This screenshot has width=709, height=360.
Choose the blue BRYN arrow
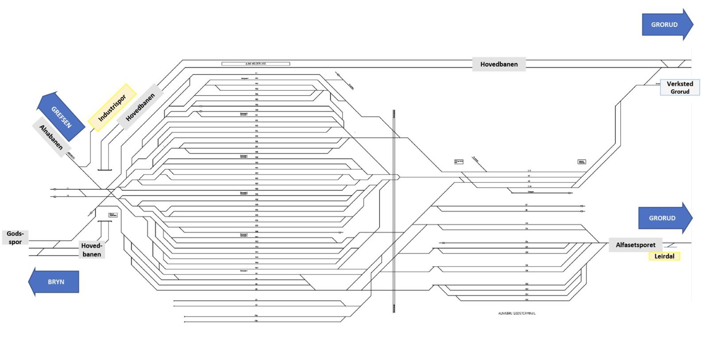tap(54, 282)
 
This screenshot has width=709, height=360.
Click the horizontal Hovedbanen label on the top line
tap(499, 64)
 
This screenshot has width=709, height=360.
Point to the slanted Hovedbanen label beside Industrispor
tap(140, 107)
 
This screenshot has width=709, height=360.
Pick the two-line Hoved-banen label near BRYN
tap(92, 250)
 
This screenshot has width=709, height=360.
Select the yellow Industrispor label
tap(112, 108)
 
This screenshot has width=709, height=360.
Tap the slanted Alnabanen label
tap(51, 137)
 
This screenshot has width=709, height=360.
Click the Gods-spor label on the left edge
tap(15, 237)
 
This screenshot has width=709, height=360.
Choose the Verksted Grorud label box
tap(680, 87)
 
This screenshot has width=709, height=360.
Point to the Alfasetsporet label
tap(635, 245)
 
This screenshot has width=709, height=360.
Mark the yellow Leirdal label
tap(664, 256)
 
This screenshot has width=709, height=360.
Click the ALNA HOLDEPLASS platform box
tap(256, 64)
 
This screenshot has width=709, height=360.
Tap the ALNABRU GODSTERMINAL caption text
tap(517, 314)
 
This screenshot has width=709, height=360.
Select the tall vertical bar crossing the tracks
tap(394, 211)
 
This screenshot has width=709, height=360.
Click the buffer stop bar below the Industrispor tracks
tap(105, 170)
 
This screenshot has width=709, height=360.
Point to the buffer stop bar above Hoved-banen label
tap(104, 221)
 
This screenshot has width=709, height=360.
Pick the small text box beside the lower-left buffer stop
tap(113, 215)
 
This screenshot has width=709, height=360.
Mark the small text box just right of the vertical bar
tap(459, 162)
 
